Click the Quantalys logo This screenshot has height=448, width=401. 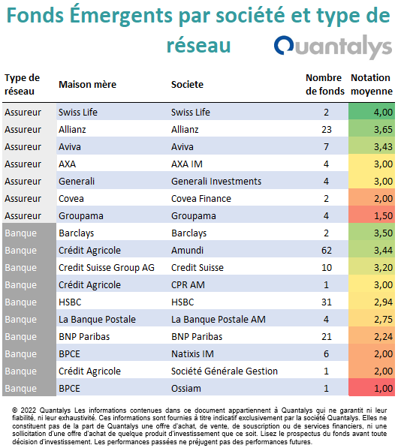click(333, 47)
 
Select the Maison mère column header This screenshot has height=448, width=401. click(87, 85)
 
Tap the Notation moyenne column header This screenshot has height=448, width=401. click(371, 84)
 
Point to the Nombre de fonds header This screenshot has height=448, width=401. click(325, 84)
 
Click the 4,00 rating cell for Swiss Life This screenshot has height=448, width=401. click(372, 112)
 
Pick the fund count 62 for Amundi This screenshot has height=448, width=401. click(327, 251)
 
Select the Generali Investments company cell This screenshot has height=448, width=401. click(216, 182)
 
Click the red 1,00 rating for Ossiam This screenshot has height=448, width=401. click(372, 388)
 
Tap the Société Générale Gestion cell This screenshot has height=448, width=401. click(225, 371)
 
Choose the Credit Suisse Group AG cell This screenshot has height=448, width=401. click(107, 268)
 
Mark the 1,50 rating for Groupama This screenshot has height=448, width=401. click(372, 215)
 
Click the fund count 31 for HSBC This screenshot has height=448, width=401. click(327, 302)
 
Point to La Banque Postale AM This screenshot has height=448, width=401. click(219, 320)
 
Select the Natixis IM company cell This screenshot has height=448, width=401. click(192, 354)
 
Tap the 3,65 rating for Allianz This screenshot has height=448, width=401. click(372, 129)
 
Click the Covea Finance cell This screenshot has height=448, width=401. click(201, 199)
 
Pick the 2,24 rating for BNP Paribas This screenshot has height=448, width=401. click(372, 336)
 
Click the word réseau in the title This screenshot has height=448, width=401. click(199, 46)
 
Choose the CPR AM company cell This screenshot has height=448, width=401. click(188, 285)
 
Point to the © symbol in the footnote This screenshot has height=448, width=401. click(14, 410)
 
